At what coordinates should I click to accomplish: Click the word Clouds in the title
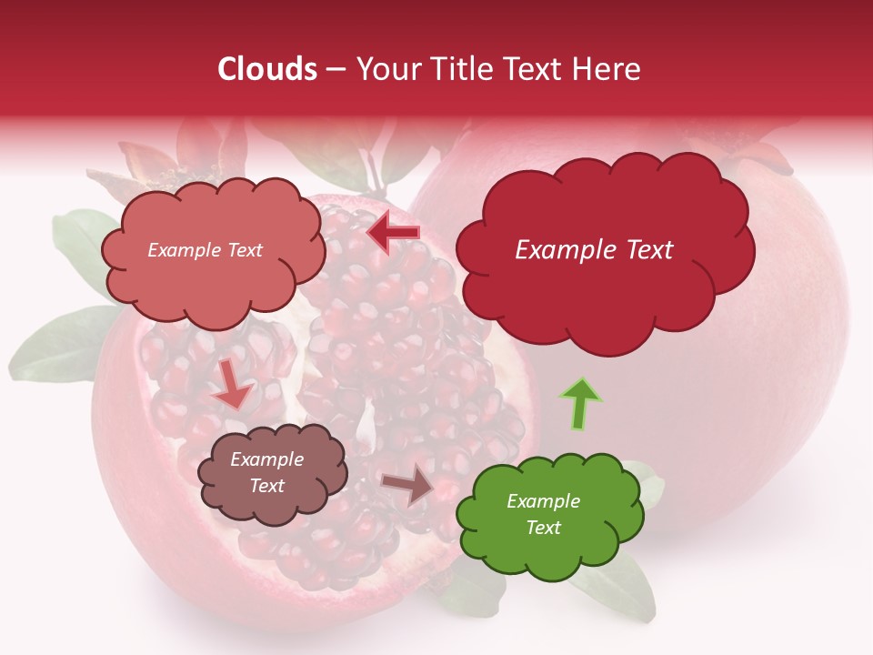266,69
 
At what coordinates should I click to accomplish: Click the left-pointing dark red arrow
394,233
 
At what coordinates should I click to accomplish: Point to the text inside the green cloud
543,514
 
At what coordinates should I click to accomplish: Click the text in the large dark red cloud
594,250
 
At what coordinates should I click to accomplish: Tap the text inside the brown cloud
266,472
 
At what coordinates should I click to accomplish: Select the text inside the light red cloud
205,250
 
